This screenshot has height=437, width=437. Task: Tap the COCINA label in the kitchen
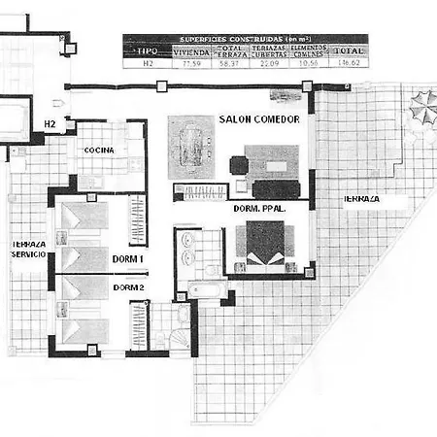tap(99, 151)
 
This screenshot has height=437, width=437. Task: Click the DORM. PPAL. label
tap(258, 209)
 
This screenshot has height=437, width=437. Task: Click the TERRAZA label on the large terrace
tap(360, 199)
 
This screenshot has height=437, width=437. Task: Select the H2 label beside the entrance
tap(50, 124)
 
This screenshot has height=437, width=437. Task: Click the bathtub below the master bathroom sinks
tap(206, 288)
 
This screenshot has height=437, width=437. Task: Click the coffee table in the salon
tap(277, 165)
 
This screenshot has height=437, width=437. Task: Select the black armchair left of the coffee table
tap(236, 165)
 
